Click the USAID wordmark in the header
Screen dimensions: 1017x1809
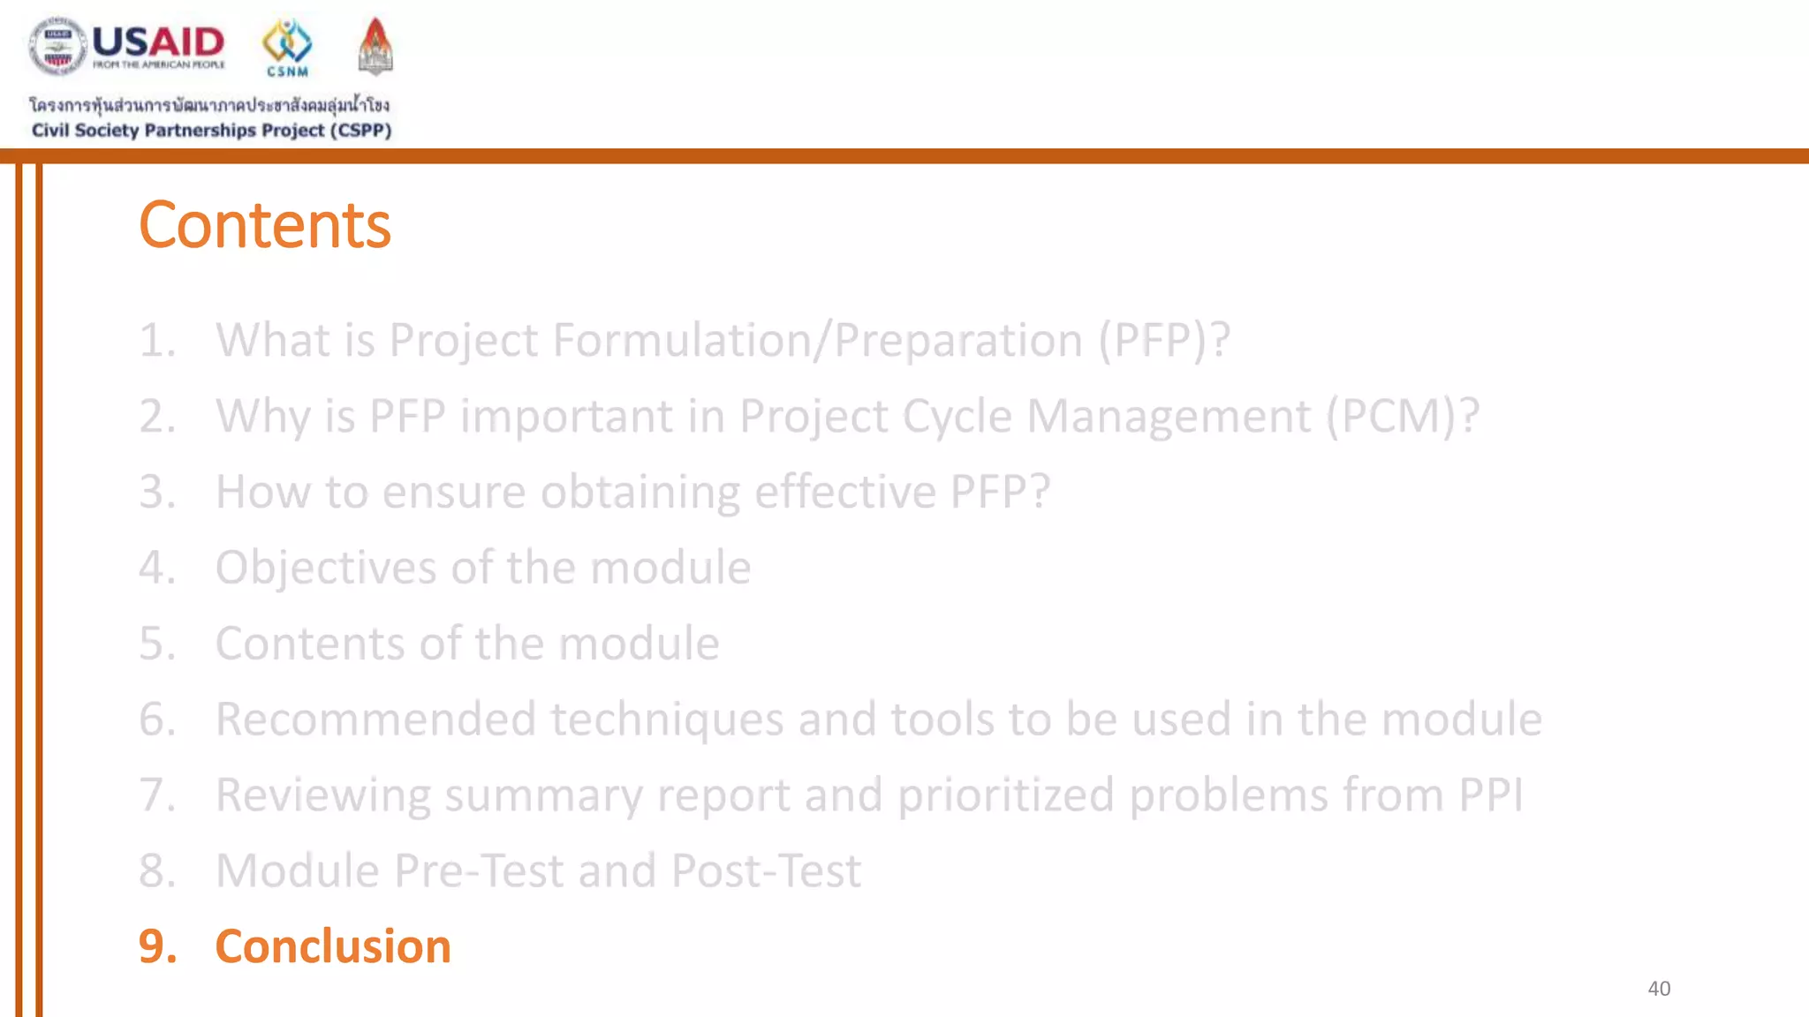pos(158,41)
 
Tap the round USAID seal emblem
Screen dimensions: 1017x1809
pos(57,46)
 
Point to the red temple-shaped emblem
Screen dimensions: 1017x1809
pos(375,46)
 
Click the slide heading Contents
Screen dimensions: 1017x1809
pos(264,225)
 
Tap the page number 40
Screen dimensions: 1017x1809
pos(1658,989)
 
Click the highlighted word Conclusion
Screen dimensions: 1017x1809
pos(333,946)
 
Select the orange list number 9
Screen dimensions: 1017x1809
pos(157,946)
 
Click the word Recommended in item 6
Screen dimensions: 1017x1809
pos(375,719)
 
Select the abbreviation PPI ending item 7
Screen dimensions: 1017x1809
pos(1490,795)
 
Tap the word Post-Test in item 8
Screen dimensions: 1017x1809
pos(766,871)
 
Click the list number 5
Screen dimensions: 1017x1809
pos(157,644)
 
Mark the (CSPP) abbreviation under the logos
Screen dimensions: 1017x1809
pos(360,131)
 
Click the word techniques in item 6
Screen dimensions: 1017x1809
pos(667,719)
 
